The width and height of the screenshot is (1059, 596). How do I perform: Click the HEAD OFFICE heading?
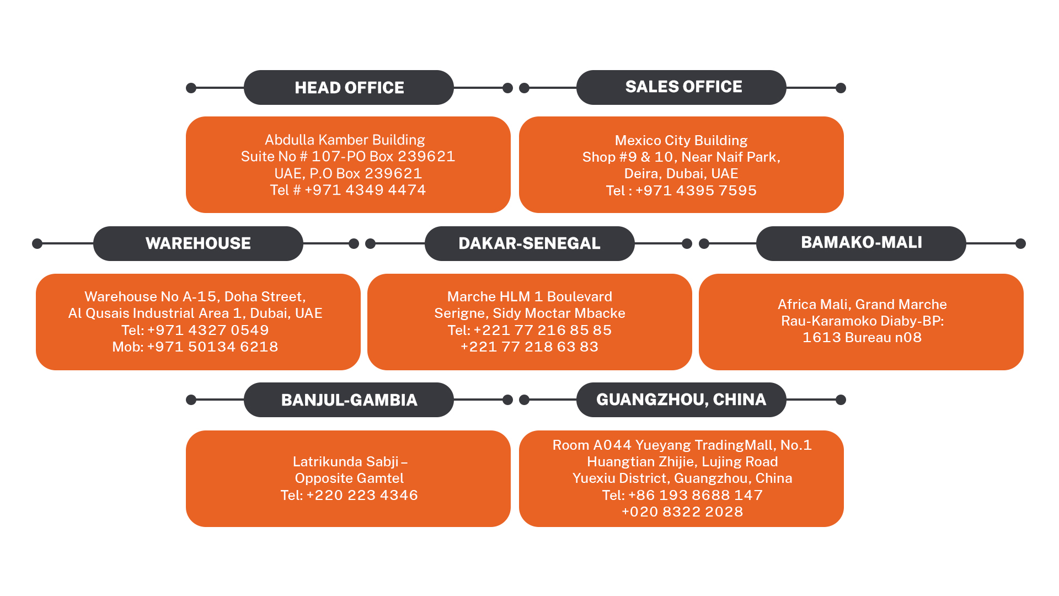[x=349, y=88]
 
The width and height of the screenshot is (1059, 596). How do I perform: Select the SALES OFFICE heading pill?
[x=683, y=87]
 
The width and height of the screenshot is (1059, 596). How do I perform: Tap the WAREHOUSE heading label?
[x=198, y=243]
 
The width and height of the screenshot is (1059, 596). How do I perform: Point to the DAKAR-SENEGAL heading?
[x=529, y=243]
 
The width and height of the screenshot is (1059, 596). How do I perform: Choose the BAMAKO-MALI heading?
[x=861, y=243]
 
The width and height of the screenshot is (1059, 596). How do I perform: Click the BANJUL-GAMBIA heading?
[x=349, y=400]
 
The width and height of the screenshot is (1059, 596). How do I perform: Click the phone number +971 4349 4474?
[x=365, y=190]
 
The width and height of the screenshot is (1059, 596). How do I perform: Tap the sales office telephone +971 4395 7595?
[x=696, y=191]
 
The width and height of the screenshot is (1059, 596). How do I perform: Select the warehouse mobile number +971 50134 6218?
[x=212, y=347]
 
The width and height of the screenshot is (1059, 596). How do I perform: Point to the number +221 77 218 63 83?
[x=529, y=347]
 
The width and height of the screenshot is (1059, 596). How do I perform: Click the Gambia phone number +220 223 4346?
[x=362, y=496]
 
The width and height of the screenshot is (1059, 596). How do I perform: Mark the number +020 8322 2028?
[x=682, y=512]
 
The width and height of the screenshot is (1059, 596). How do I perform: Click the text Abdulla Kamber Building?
[x=345, y=140]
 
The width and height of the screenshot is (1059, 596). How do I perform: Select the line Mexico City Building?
[x=681, y=141]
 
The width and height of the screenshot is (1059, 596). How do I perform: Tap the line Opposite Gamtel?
[x=349, y=478]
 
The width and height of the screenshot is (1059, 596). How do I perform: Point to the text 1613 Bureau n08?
[x=862, y=338]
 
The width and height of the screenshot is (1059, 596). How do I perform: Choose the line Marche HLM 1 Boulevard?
[x=529, y=297]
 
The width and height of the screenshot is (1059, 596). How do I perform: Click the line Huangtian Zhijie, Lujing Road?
[x=682, y=462]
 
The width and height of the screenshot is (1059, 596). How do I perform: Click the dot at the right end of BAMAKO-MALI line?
[x=1020, y=243]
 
